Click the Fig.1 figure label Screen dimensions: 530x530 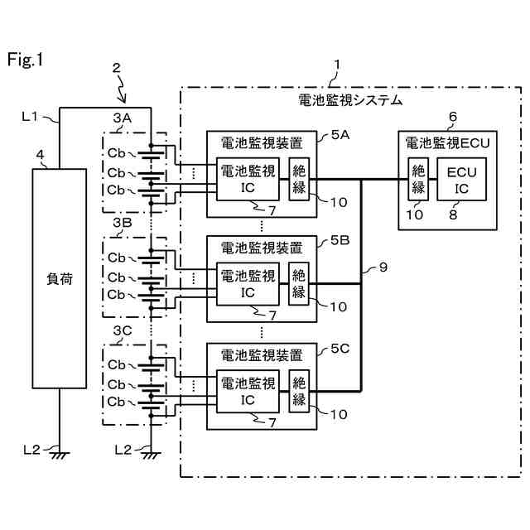[x=25, y=60]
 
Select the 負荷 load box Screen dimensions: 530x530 [x=59, y=278]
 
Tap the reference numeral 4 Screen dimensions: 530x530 [x=40, y=154]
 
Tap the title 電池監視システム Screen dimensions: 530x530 [x=350, y=99]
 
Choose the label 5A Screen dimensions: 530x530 [x=340, y=134]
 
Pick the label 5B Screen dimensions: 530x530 [x=340, y=240]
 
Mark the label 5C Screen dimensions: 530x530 [x=340, y=349]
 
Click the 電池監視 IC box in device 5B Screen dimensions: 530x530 [x=248, y=283]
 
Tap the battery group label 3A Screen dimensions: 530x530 [x=122, y=118]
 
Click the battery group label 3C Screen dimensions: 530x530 [x=122, y=330]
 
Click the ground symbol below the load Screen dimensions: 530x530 [x=59, y=452]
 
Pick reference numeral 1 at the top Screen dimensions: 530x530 [x=335, y=64]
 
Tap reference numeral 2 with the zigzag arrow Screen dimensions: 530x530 [x=118, y=67]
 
